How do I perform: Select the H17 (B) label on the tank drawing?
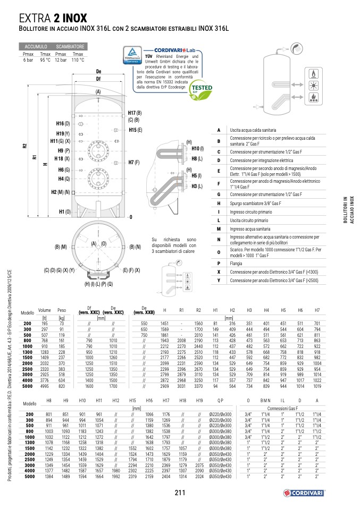[135, 113]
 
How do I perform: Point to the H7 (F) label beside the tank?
[134, 162]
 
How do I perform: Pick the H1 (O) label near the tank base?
[64, 211]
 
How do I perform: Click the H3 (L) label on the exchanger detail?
[197, 186]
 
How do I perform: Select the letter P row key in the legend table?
[219, 263]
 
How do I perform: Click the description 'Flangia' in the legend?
[236, 263]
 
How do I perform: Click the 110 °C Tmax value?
[78, 60]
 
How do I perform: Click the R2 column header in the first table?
[198, 310]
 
